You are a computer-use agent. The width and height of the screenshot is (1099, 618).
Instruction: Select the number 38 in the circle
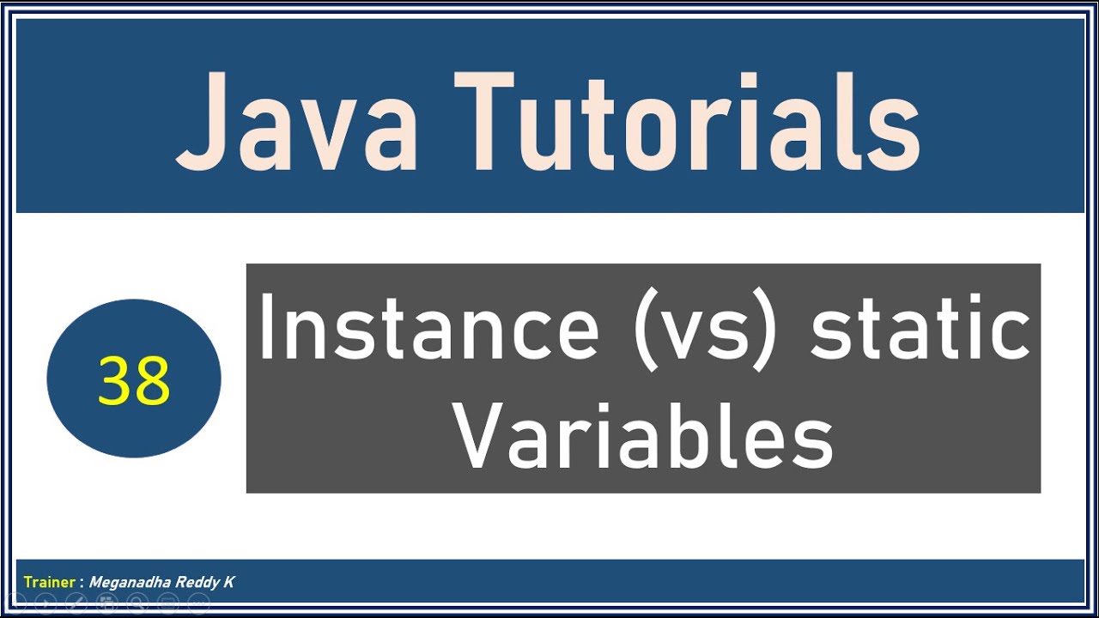pos(134,380)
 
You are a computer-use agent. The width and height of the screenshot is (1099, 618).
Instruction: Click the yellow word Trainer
pos(50,582)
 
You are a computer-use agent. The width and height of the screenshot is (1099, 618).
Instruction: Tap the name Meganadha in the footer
pos(124,582)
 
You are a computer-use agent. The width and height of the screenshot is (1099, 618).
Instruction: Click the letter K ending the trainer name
pos(228,582)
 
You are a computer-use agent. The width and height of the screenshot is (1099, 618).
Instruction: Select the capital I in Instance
pos(266,328)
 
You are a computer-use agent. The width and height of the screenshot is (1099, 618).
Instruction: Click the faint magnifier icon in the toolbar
pos(137,603)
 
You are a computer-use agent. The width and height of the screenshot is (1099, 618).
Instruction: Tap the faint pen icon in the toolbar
pos(76,603)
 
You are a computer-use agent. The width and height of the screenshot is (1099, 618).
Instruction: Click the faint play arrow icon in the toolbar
pos(46,603)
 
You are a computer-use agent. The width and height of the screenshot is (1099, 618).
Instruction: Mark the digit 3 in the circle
pos(115,380)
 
